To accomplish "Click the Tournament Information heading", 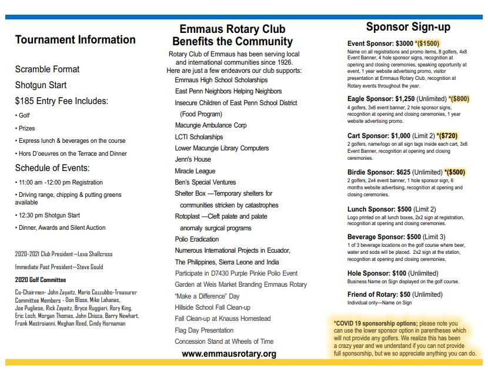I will coord(75,40).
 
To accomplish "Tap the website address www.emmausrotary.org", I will coord(229,354).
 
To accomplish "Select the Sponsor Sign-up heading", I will coord(408,27).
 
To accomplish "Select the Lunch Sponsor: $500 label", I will coord(379,209).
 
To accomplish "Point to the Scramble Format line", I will coord(47,69).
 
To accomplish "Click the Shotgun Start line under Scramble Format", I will coord(41,85).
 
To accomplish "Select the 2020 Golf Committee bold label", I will coord(41,280).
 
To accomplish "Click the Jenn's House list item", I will coord(193,159).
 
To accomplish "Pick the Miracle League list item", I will coord(195,171).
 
